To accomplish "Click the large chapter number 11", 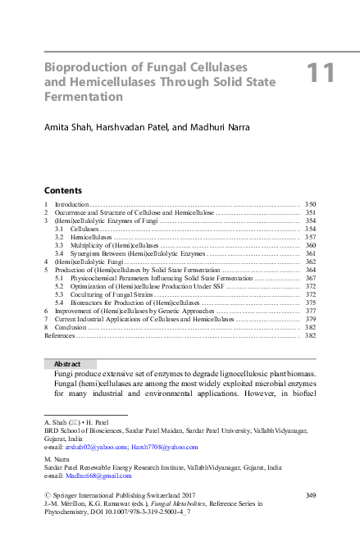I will coord(321,73).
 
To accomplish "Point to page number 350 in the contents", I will coord(310,202).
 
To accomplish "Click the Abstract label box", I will coord(70,363).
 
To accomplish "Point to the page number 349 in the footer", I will coord(310,494).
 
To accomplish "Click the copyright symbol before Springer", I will coord(48,494).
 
